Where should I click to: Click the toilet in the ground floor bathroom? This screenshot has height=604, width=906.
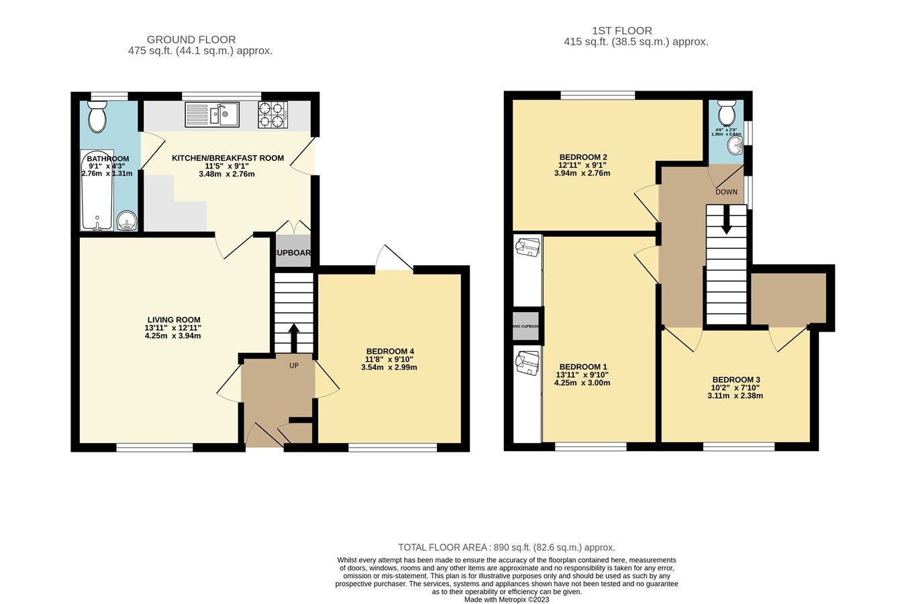97,117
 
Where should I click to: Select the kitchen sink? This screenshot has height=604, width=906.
212,114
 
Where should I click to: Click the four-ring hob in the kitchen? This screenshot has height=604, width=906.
272,114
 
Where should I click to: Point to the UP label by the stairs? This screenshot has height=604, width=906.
293,366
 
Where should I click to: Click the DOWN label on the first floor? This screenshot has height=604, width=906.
726,192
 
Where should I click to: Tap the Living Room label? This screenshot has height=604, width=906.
174,320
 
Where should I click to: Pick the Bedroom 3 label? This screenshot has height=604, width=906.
736,380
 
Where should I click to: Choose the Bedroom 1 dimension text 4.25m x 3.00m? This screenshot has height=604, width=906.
582,383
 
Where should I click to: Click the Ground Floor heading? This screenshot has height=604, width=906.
191,40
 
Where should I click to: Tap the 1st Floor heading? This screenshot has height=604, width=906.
621,30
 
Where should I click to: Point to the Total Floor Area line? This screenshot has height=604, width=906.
506,547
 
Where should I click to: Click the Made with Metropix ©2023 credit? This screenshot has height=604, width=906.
507,600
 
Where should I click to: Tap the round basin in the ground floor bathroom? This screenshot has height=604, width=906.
126,221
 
